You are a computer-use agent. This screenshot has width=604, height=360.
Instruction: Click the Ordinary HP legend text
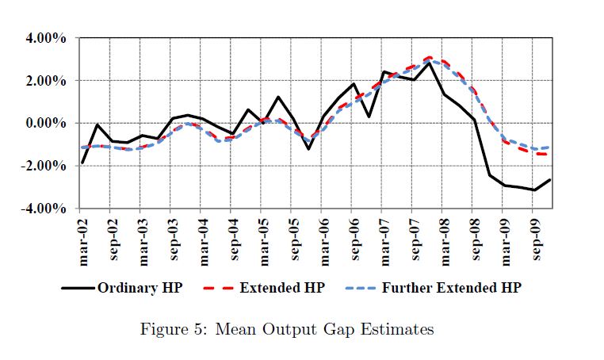140,287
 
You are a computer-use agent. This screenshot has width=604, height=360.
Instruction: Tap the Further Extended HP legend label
452,287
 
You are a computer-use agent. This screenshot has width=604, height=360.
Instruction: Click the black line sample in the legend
78,287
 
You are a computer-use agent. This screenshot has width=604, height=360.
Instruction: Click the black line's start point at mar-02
82,163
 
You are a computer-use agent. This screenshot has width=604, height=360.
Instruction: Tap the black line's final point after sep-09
550,179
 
